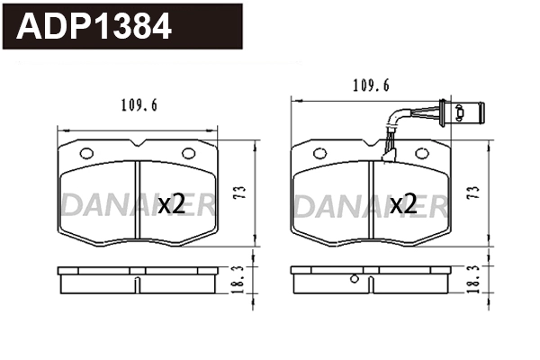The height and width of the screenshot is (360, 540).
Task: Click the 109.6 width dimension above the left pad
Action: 139,106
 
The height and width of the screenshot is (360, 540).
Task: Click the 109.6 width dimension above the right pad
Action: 371,86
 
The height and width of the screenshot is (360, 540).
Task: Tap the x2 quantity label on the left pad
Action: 171,204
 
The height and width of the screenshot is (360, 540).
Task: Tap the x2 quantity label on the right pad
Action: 403,204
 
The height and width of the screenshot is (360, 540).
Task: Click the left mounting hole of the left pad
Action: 86,153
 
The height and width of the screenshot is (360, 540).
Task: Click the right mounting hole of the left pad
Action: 188,153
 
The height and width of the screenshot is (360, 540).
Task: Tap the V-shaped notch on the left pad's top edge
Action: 138,144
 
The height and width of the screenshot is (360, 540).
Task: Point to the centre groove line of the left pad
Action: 137,202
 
